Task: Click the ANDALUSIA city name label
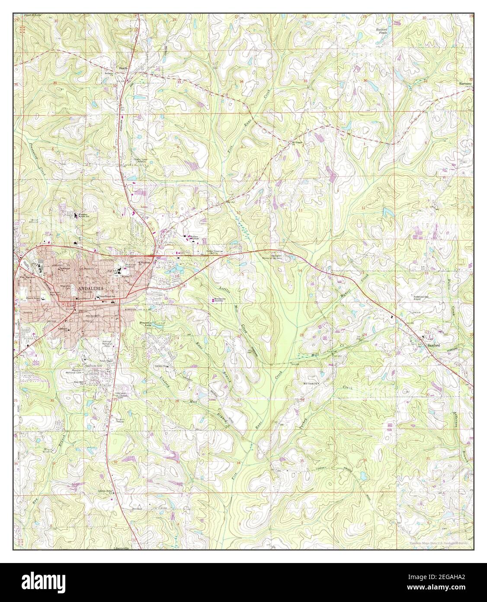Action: click(x=91, y=288)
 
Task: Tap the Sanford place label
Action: click(x=433, y=345)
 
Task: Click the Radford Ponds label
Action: click(x=381, y=31)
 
